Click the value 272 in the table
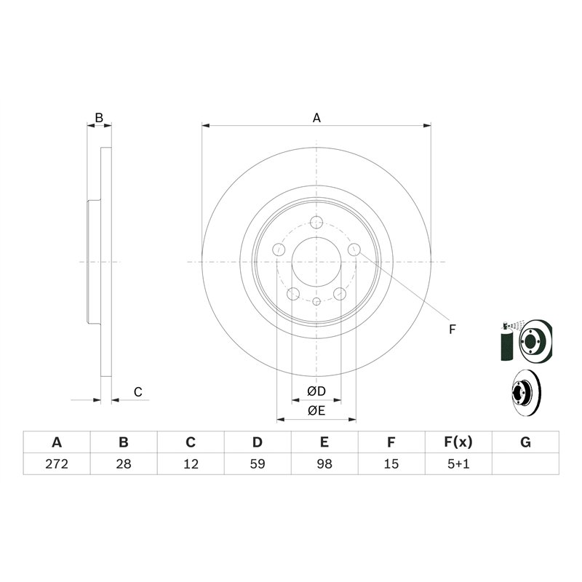(57, 463)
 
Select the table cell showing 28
(124, 463)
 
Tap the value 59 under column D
(257, 463)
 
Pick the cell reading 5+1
(458, 463)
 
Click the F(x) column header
(458, 442)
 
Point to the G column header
(525, 442)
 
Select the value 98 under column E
(324, 463)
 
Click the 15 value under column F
(391, 463)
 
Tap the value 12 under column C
(190, 463)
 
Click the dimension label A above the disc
(316, 117)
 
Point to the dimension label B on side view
(100, 117)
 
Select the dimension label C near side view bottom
(137, 392)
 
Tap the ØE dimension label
(316, 411)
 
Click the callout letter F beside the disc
(452, 330)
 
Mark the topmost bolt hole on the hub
(316, 223)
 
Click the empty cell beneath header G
(525, 463)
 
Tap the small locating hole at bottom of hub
(316, 300)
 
